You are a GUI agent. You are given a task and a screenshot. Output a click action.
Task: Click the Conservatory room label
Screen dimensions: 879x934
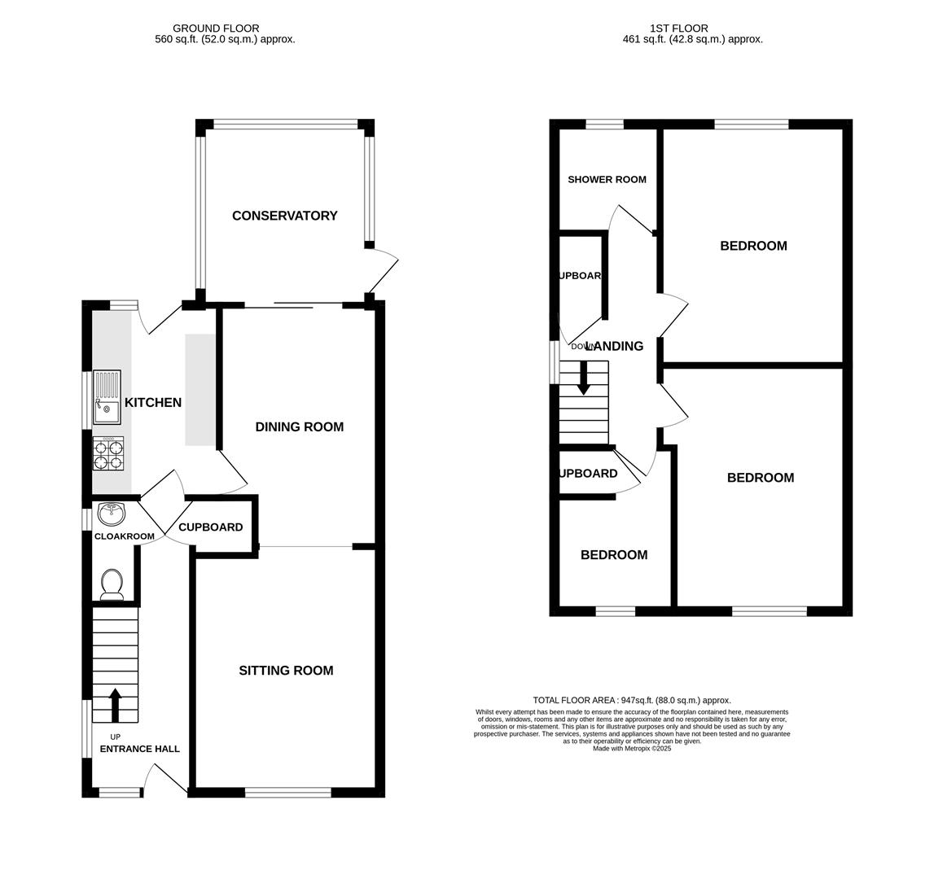coord(284,216)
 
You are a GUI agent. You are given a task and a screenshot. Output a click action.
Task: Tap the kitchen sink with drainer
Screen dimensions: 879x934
coord(107,397)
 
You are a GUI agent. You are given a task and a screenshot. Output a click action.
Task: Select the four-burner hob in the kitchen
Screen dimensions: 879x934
coord(108,454)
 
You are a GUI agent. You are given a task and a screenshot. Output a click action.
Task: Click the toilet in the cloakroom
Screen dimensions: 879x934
coord(112,583)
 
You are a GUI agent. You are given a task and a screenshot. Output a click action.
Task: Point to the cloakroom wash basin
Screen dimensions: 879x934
coord(111,514)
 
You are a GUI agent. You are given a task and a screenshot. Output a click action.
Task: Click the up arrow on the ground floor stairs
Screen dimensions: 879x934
coord(115,704)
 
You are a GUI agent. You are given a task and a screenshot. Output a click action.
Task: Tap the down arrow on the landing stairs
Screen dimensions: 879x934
coord(583,378)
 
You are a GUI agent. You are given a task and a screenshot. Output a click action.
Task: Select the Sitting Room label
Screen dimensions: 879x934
coord(286,671)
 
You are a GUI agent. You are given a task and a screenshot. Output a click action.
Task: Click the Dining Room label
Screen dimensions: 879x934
coord(299,427)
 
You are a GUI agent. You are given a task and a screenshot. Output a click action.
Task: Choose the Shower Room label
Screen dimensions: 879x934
coord(607,180)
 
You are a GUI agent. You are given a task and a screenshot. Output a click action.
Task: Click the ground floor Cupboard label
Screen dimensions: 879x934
coord(210,527)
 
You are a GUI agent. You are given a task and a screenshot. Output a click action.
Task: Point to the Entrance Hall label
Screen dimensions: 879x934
coord(139,749)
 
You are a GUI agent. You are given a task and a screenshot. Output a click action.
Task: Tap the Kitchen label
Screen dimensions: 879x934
coord(152,403)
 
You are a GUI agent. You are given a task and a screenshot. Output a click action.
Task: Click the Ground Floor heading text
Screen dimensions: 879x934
coord(216,28)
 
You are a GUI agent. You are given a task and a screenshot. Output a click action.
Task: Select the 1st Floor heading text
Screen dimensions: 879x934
coord(678,28)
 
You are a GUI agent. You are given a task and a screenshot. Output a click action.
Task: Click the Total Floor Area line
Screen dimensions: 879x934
coord(632,700)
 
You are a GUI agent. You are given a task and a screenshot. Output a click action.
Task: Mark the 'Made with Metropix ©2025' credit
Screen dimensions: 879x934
coord(632,749)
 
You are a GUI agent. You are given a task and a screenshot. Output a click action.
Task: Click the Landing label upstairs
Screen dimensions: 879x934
coord(616,347)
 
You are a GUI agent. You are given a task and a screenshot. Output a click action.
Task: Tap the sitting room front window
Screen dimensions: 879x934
coord(287,792)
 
